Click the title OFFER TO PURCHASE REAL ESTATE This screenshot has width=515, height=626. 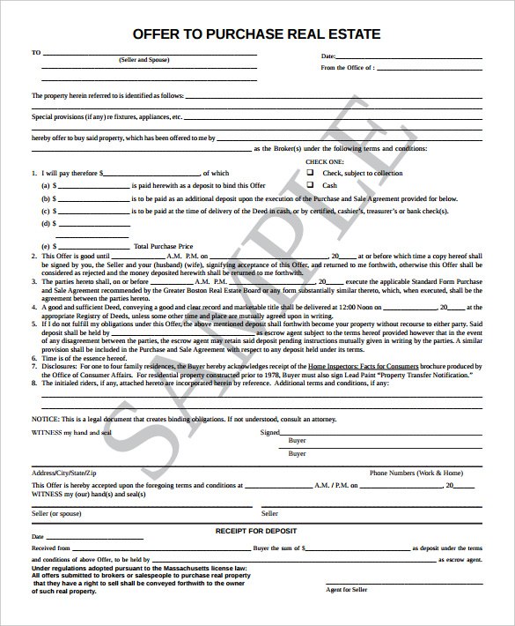257,34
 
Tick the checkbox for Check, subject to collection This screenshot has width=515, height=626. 310,174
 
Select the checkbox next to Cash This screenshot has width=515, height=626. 310,185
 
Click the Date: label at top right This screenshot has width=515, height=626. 328,56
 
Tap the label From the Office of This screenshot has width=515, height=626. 347,67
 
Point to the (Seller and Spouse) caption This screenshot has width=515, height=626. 145,60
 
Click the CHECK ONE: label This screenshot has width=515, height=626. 325,162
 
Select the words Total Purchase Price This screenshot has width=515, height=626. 163,246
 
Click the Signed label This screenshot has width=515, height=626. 270,433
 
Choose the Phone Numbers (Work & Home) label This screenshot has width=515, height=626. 416,473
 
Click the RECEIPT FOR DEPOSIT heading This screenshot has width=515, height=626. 256,531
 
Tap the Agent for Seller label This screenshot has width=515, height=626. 346,589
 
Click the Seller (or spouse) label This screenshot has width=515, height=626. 56,513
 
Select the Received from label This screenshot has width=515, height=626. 51,548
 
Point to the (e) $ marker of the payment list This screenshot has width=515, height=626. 48,246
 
